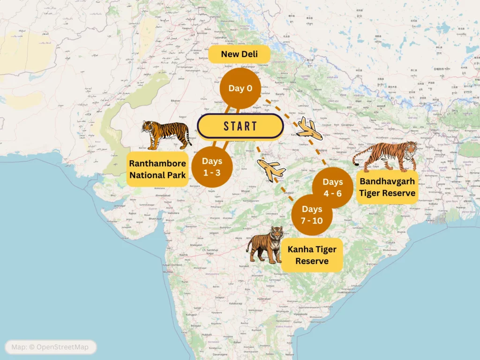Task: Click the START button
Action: click(240, 126)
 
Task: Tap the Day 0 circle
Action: click(240, 88)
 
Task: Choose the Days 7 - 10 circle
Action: click(312, 215)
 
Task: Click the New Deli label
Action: click(239, 54)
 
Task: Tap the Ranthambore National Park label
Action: click(157, 169)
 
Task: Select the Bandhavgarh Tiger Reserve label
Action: click(387, 187)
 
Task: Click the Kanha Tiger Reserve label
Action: click(312, 255)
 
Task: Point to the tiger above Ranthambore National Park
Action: click(166, 134)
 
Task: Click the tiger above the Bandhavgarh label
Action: click(386, 157)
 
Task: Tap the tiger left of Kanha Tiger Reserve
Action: click(266, 244)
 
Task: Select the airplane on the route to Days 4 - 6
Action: click(309, 129)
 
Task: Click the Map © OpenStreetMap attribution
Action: click(51, 347)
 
